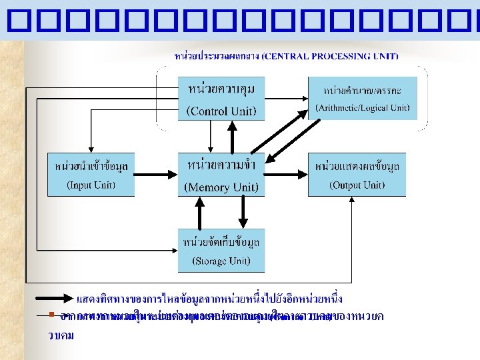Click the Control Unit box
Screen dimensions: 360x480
pyautogui.click(x=221, y=98)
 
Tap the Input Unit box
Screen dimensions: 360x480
pyautogui.click(x=91, y=175)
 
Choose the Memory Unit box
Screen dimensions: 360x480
pyautogui.click(x=221, y=175)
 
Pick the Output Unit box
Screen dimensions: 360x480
pyautogui.click(x=357, y=175)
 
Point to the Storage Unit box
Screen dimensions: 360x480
pyautogui.click(x=221, y=250)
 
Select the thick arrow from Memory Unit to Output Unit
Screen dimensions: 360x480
pyautogui.click(x=286, y=175)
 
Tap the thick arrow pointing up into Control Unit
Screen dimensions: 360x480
pyautogui.click(x=231, y=137)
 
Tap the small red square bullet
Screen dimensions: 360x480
pyautogui.click(x=50, y=314)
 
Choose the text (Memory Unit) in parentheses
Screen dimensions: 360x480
pyautogui.click(x=221, y=187)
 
